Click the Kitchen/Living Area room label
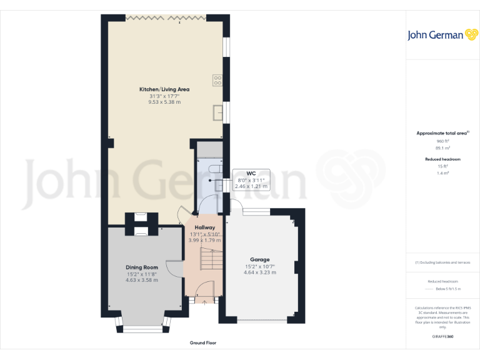pos(164,89)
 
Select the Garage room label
pos(260,259)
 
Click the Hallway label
pos(204,227)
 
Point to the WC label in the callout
pos(251,173)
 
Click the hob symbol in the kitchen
pos(219,79)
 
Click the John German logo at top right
pos(442,35)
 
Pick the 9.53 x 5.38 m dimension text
pos(164,102)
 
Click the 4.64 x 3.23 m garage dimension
pos(260,272)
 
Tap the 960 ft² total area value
pos(442,141)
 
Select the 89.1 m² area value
pos(442,148)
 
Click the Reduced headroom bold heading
pos(442,159)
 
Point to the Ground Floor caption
pos(203,343)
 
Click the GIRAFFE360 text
pos(442,337)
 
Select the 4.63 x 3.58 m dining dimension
pos(142,280)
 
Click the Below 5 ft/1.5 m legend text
pos(448,289)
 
